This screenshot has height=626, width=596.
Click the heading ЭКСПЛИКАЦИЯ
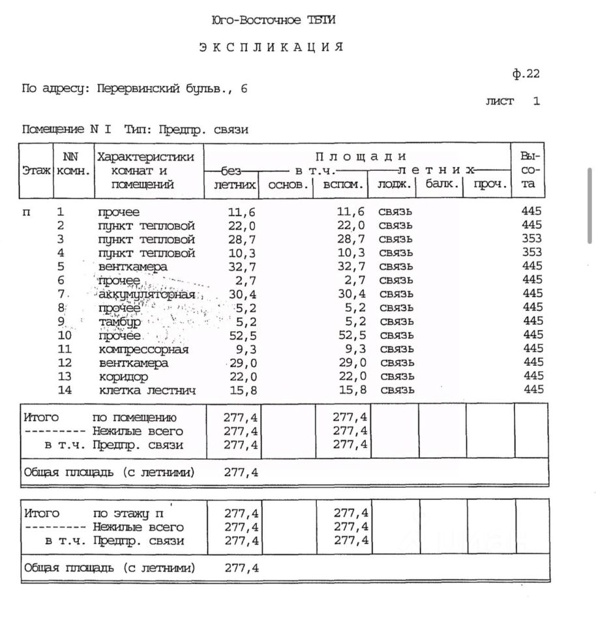(x=271, y=47)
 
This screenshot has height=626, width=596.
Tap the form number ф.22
(x=526, y=74)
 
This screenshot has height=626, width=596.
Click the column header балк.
(x=443, y=184)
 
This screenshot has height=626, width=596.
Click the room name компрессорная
(x=143, y=349)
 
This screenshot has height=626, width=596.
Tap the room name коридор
(x=123, y=377)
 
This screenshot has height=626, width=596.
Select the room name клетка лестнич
(x=147, y=391)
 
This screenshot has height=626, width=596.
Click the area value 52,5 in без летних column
(x=243, y=335)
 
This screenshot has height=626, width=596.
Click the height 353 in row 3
(x=531, y=239)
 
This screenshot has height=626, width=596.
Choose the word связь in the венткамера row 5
(x=396, y=267)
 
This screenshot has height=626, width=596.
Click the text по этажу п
(x=132, y=513)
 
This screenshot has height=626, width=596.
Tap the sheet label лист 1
(x=513, y=101)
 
